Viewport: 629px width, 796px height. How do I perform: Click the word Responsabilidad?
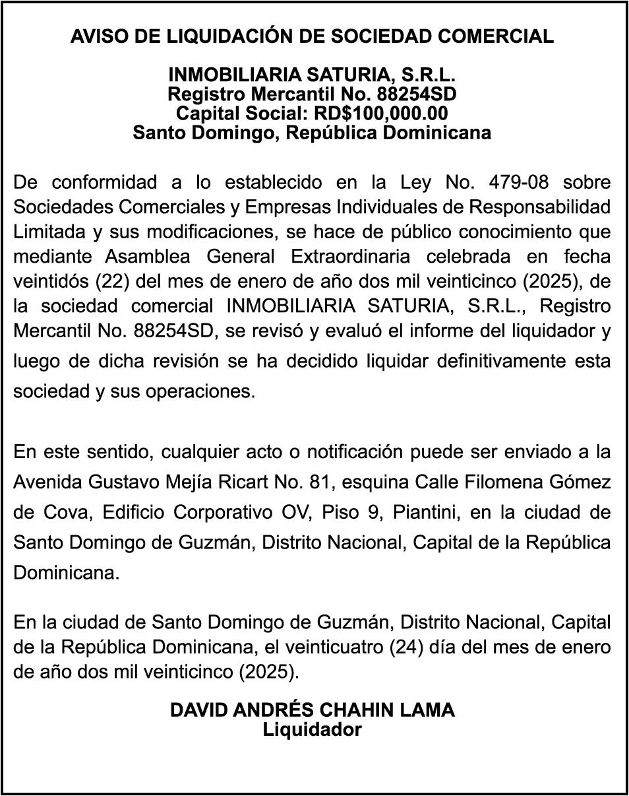(x=539, y=207)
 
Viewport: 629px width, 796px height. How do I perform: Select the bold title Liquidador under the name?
(x=313, y=729)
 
